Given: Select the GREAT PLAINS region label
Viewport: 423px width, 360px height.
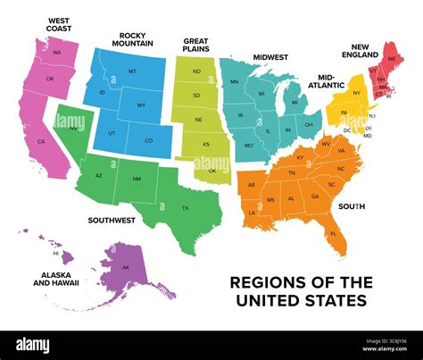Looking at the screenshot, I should [196, 46].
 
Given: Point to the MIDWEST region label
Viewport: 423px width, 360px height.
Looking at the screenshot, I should [270, 56].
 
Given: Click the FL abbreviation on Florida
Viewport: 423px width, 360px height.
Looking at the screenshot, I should [334, 234].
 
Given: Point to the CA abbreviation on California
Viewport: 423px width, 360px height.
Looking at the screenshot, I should [41, 142].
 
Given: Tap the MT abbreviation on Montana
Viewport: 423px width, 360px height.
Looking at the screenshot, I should [132, 71].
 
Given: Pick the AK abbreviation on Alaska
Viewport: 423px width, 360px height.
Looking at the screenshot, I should [126, 268].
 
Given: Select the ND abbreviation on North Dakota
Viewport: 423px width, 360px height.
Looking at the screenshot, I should [196, 71].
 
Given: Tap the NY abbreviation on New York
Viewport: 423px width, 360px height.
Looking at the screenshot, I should [356, 93].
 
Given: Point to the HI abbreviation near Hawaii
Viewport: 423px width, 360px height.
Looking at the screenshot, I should [54, 253].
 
